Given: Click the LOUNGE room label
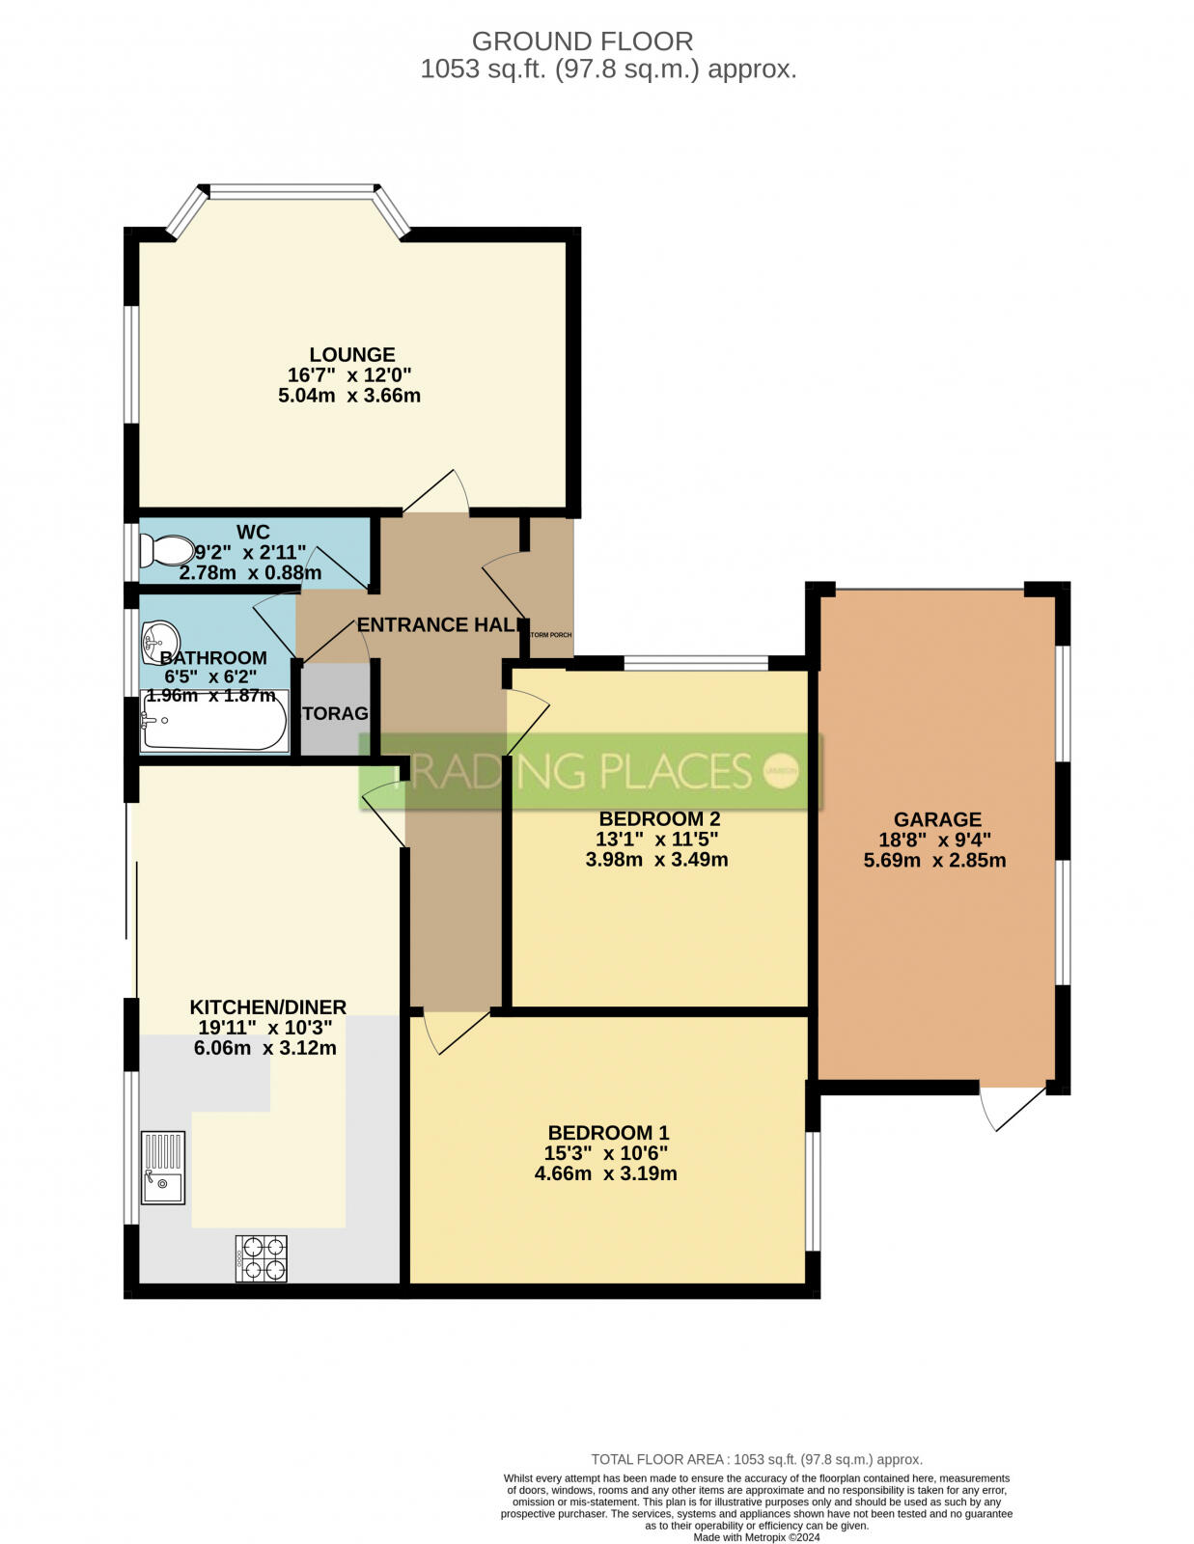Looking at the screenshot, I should (352, 354).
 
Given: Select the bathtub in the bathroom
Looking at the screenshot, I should (213, 722).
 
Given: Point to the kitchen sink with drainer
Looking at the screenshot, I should (162, 1168).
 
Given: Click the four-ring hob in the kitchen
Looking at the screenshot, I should (261, 1258).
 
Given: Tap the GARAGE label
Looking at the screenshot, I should (936, 820).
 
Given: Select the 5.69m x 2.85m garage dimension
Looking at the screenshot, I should (934, 860).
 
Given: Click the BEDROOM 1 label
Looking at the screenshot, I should (608, 1133).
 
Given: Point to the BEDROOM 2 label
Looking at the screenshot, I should (658, 818).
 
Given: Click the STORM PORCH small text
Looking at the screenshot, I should (551, 635).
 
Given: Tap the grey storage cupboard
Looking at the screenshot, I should (335, 714).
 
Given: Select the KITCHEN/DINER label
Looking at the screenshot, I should (267, 1006).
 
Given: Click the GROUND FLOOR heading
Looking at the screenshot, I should (582, 41).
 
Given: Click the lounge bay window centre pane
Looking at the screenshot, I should (292, 192).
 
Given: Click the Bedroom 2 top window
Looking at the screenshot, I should (695, 663).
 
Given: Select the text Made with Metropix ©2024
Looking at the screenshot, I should (756, 1537).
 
